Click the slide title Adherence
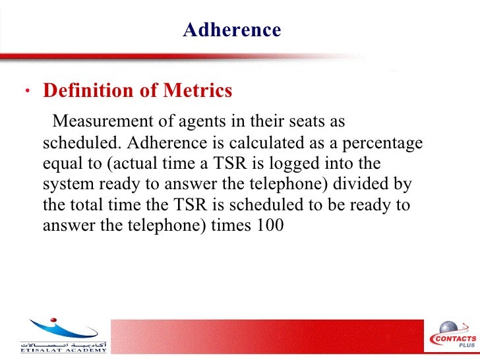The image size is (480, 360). (232, 30)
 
